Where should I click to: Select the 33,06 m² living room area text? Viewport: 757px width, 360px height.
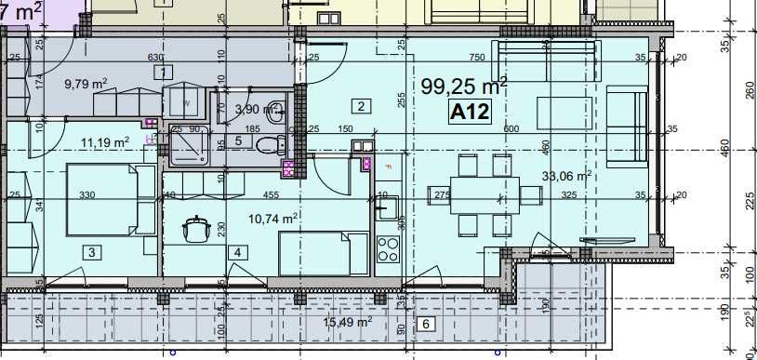[x=567, y=175]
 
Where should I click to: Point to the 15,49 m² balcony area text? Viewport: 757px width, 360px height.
[x=347, y=322]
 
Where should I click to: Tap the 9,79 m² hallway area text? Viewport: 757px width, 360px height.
[x=86, y=84]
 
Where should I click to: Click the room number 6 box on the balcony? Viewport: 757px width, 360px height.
[x=425, y=325]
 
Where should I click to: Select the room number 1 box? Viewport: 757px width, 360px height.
[x=164, y=73]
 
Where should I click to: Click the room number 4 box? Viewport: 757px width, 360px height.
[x=238, y=251]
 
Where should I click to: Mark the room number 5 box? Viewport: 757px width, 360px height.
[x=238, y=140]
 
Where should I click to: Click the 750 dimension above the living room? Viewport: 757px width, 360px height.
[x=477, y=58]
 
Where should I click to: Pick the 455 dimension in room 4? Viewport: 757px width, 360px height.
[x=271, y=195]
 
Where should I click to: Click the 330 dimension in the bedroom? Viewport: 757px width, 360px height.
[x=87, y=195]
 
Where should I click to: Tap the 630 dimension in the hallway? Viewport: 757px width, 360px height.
[x=155, y=58]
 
